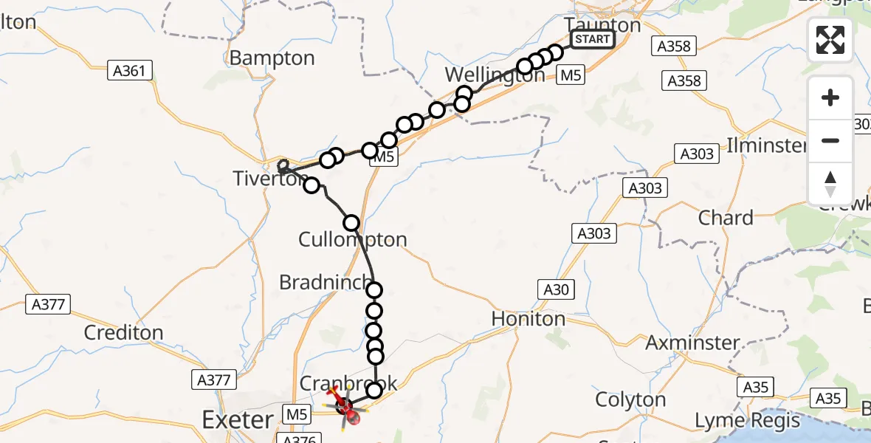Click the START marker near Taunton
coord(592,39)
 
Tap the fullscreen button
coord(830,40)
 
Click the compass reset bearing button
coord(830,184)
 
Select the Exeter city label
coord(238,420)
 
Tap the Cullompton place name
coord(353,239)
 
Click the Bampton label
coord(272,58)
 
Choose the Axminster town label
coord(692,343)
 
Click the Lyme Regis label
coord(748,421)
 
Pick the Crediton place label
coord(123,332)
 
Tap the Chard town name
coord(726,218)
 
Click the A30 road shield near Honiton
coord(557,289)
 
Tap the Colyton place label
coord(630,399)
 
